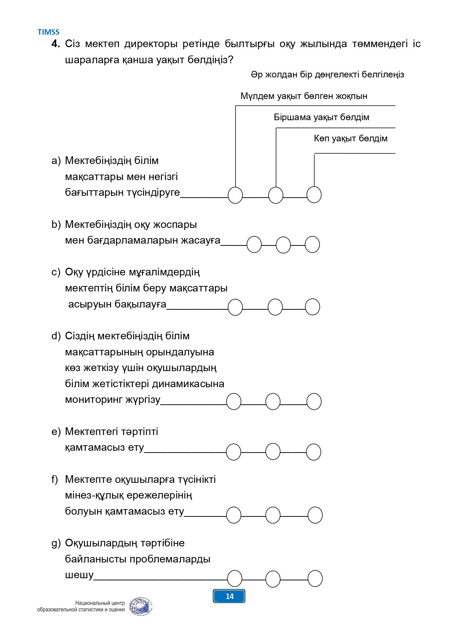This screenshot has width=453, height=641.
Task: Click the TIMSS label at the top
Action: coord(48,32)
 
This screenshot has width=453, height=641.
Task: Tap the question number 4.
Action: coord(55,44)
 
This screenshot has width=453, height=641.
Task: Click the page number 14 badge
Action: coord(229,596)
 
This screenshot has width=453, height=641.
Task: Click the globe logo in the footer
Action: coord(141,606)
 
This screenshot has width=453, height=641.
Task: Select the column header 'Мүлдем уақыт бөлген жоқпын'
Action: coord(304,96)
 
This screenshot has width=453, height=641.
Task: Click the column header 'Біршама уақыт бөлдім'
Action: coord(322,117)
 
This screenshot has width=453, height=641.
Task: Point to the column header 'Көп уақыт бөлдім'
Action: coord(351,138)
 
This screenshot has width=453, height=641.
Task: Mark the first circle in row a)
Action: coord(235,195)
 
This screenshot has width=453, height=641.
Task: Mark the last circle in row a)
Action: coord(314,195)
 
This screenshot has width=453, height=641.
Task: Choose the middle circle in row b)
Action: coord(283,245)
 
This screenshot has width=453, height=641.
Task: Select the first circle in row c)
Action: coord(235,307)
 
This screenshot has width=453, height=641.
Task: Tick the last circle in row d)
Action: coord(314,401)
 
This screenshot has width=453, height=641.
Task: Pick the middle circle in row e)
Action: coord(273,451)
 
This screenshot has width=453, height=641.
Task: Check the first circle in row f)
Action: coord(234,515)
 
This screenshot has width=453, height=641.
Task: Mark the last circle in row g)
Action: coord(315,579)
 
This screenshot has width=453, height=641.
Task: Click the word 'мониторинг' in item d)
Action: coord(93,400)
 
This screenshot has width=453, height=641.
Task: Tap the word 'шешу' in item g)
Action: coord(79,575)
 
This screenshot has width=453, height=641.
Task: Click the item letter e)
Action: coord(56,432)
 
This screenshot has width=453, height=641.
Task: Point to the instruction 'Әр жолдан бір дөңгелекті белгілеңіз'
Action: coord(327,75)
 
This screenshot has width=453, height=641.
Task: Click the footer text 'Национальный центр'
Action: coord(100,603)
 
